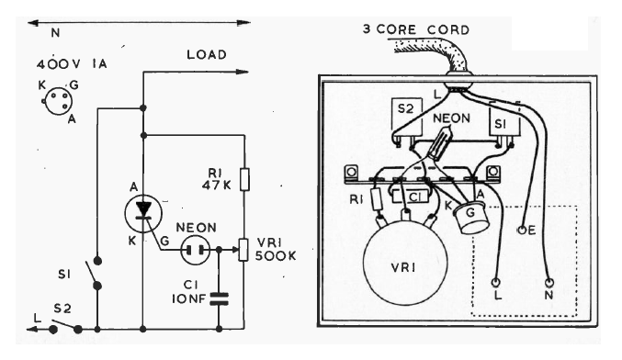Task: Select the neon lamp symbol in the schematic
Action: click(195, 250)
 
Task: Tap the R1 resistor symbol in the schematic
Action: click(244, 180)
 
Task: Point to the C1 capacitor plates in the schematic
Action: click(219, 299)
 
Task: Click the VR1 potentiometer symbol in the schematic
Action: click(243, 250)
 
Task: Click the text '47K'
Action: click(216, 185)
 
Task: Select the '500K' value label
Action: click(276, 255)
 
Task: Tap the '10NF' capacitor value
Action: click(189, 298)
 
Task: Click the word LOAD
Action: click(207, 55)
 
